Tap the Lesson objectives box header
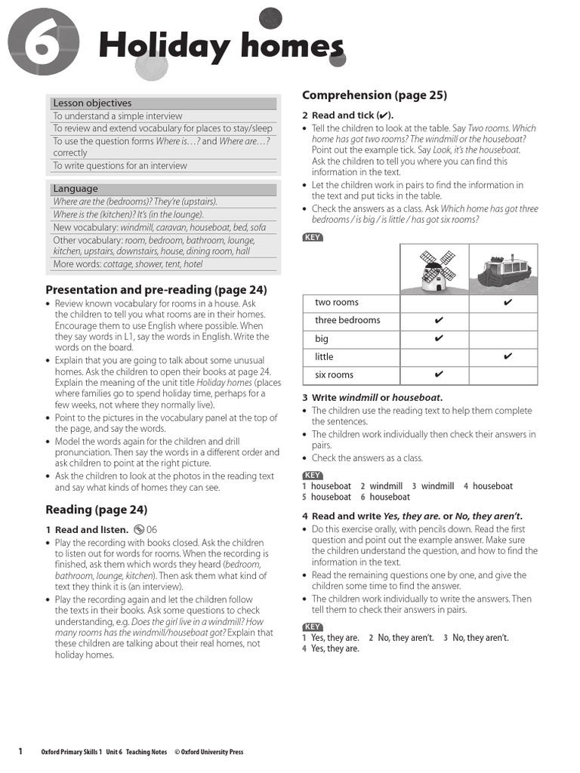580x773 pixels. point(91,103)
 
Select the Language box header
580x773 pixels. point(76,189)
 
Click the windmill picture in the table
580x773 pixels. point(435,270)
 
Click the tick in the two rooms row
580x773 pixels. point(507,303)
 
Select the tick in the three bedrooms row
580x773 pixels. point(439,321)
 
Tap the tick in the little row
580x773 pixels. point(507,356)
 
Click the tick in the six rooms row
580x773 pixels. point(439,374)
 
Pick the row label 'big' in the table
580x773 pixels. point(322,339)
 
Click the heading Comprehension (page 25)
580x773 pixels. point(375,95)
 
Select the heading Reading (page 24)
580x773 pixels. point(97,510)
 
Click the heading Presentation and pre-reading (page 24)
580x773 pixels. point(156,290)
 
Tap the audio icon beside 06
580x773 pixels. point(138,530)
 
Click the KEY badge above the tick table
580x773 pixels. point(312,238)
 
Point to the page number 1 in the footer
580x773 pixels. point(20,751)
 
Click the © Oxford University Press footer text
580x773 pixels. point(208,752)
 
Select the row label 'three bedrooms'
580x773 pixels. point(347,321)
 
